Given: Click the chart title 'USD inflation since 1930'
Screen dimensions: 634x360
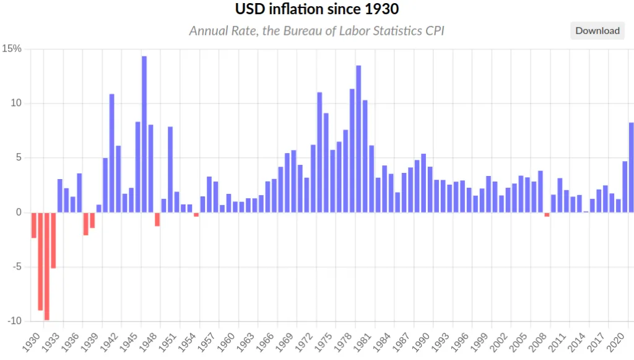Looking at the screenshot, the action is coord(317,9).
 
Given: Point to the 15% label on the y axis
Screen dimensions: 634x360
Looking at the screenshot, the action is coord(12,48).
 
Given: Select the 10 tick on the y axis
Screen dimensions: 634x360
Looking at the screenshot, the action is coord(16,103).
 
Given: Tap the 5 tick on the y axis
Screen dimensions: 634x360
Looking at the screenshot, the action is coord(19,157).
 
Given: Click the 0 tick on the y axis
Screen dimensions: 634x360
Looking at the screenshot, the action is coord(19,212).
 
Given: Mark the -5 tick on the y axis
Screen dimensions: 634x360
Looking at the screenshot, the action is coord(17,266).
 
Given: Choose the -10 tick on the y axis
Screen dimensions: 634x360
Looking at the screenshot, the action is coord(15,321).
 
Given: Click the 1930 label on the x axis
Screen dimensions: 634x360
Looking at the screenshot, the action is coord(31,342).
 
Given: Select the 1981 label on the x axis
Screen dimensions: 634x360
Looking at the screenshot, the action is coord(362,342).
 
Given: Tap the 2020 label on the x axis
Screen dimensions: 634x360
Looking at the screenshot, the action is coord(615,342).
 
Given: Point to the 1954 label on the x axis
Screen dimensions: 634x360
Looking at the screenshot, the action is coord(187,342).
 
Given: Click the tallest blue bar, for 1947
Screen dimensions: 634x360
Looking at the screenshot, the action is coord(144,134).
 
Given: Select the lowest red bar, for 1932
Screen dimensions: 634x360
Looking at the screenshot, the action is coord(47,266).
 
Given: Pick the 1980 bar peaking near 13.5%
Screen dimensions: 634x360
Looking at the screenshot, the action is coord(358,139).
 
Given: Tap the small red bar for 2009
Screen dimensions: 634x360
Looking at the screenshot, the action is coord(547,214).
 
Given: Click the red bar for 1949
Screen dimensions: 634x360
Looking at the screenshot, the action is coord(157,219).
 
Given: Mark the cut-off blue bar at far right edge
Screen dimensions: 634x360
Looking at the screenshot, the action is coord(632,167).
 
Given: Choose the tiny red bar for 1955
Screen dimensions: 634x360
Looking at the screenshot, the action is coord(196,214).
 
